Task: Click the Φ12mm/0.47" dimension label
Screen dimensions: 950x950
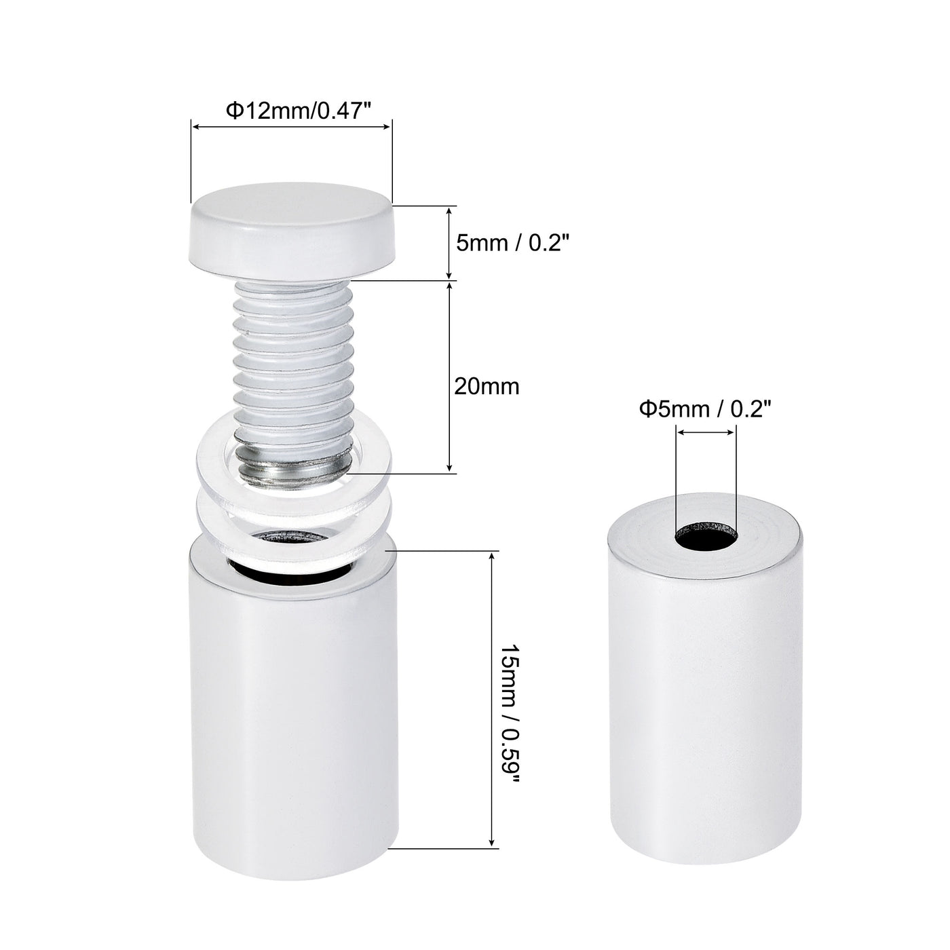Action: (x=299, y=111)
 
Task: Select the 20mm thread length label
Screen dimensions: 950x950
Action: (x=486, y=386)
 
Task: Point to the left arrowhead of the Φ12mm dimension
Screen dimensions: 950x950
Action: (x=195, y=126)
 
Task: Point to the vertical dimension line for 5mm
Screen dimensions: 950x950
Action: (x=450, y=242)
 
